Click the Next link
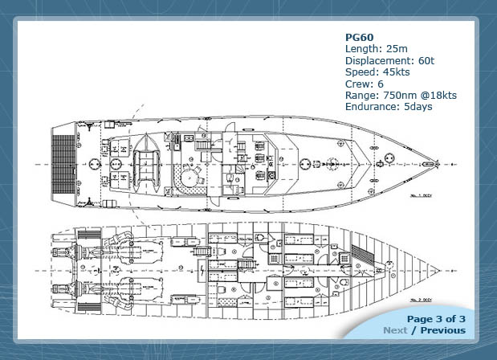point(394,330)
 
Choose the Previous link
point(443,330)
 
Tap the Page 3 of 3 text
point(436,319)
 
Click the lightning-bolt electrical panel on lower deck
point(198,252)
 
